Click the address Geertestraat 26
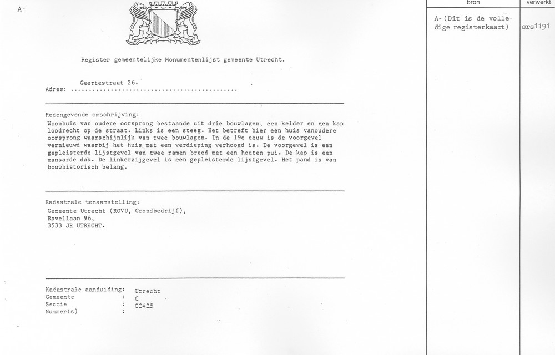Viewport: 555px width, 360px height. [x=108, y=83]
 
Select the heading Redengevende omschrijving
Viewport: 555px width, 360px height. [x=93, y=114]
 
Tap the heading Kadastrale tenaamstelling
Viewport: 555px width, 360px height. [x=92, y=202]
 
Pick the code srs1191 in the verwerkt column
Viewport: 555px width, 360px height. [x=537, y=26]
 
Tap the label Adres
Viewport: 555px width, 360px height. [x=56, y=89]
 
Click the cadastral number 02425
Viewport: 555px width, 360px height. [x=144, y=305]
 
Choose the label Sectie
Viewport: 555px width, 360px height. [x=57, y=305]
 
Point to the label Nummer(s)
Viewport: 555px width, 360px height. [x=62, y=312]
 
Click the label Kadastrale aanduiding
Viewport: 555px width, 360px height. [x=85, y=290]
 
